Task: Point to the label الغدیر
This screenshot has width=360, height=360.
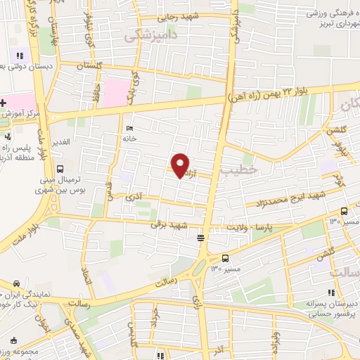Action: tap(63, 143)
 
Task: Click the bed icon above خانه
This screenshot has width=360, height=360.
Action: tap(129, 128)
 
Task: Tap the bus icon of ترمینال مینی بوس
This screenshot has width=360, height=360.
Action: tap(61, 169)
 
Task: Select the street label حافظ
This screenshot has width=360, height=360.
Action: tap(93, 89)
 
